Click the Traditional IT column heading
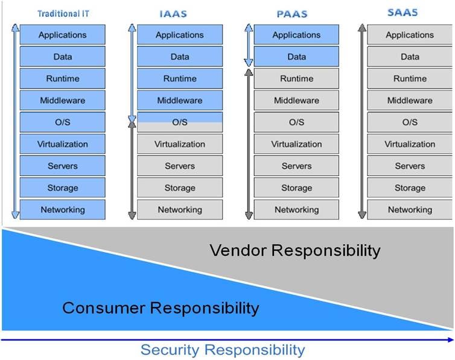pos(63,14)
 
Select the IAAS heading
pos(173,14)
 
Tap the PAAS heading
pos(292,14)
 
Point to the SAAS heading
pos(402,13)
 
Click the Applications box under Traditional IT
pos(63,35)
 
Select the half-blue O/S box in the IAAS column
pos(180,122)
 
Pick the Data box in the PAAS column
pos(296,57)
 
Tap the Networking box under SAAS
pos(410,210)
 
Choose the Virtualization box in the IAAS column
pos(180,144)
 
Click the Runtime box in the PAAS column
pos(296,78)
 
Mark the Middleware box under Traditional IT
pos(63,100)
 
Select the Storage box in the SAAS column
pos(410,188)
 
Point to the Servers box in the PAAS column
pos(296,166)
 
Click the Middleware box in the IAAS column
pos(180,100)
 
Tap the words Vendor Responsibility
pos(295,250)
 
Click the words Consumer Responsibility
pos(161,308)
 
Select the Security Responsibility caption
pos(223,350)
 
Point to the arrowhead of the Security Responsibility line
pos(451,339)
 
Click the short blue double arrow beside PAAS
pos(249,45)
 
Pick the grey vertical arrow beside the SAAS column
pos(362,121)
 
